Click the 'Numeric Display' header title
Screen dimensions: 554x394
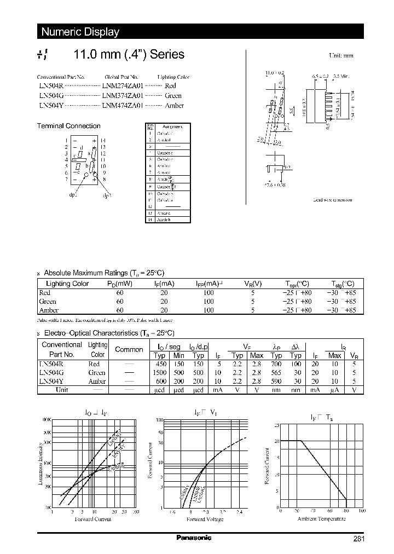80,32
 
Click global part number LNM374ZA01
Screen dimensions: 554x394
123,96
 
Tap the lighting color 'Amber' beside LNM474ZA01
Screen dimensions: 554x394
174,106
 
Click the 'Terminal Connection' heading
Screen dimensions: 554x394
68,126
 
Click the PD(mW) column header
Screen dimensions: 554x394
120,284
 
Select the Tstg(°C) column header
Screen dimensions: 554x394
343,284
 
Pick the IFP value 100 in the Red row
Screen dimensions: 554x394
208,293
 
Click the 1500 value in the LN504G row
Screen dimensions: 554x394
161,372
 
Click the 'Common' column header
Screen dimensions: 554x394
129,349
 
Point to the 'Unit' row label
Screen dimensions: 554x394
61,390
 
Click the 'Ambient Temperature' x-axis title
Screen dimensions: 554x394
320,518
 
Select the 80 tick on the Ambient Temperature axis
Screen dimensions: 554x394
346,511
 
